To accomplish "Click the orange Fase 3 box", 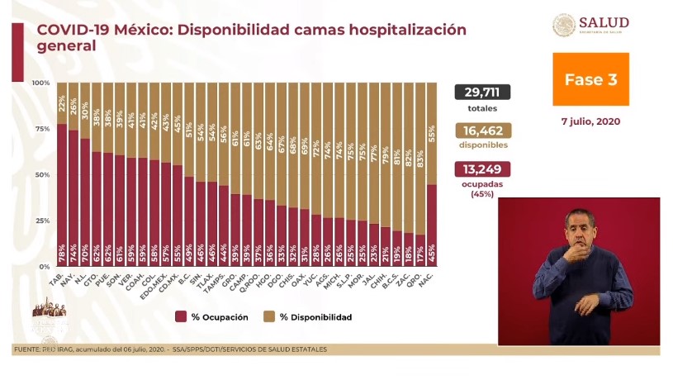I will pos(590,80).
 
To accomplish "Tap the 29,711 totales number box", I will pos(482,93).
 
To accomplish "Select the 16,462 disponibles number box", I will pos(482,131).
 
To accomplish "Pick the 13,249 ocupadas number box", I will pos(482,169).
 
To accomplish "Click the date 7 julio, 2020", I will pos(590,121).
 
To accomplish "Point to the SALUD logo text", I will pos(604,22).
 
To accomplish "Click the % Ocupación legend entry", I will pos(212,317).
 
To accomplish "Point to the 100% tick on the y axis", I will pos(41,83).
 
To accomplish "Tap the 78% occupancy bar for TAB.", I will pos(62,195).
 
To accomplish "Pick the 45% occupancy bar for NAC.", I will pos(433,225).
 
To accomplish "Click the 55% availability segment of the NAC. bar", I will pos(433,133).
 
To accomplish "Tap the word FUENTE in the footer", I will pos(27,349).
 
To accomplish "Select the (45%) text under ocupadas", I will pos(482,194).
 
